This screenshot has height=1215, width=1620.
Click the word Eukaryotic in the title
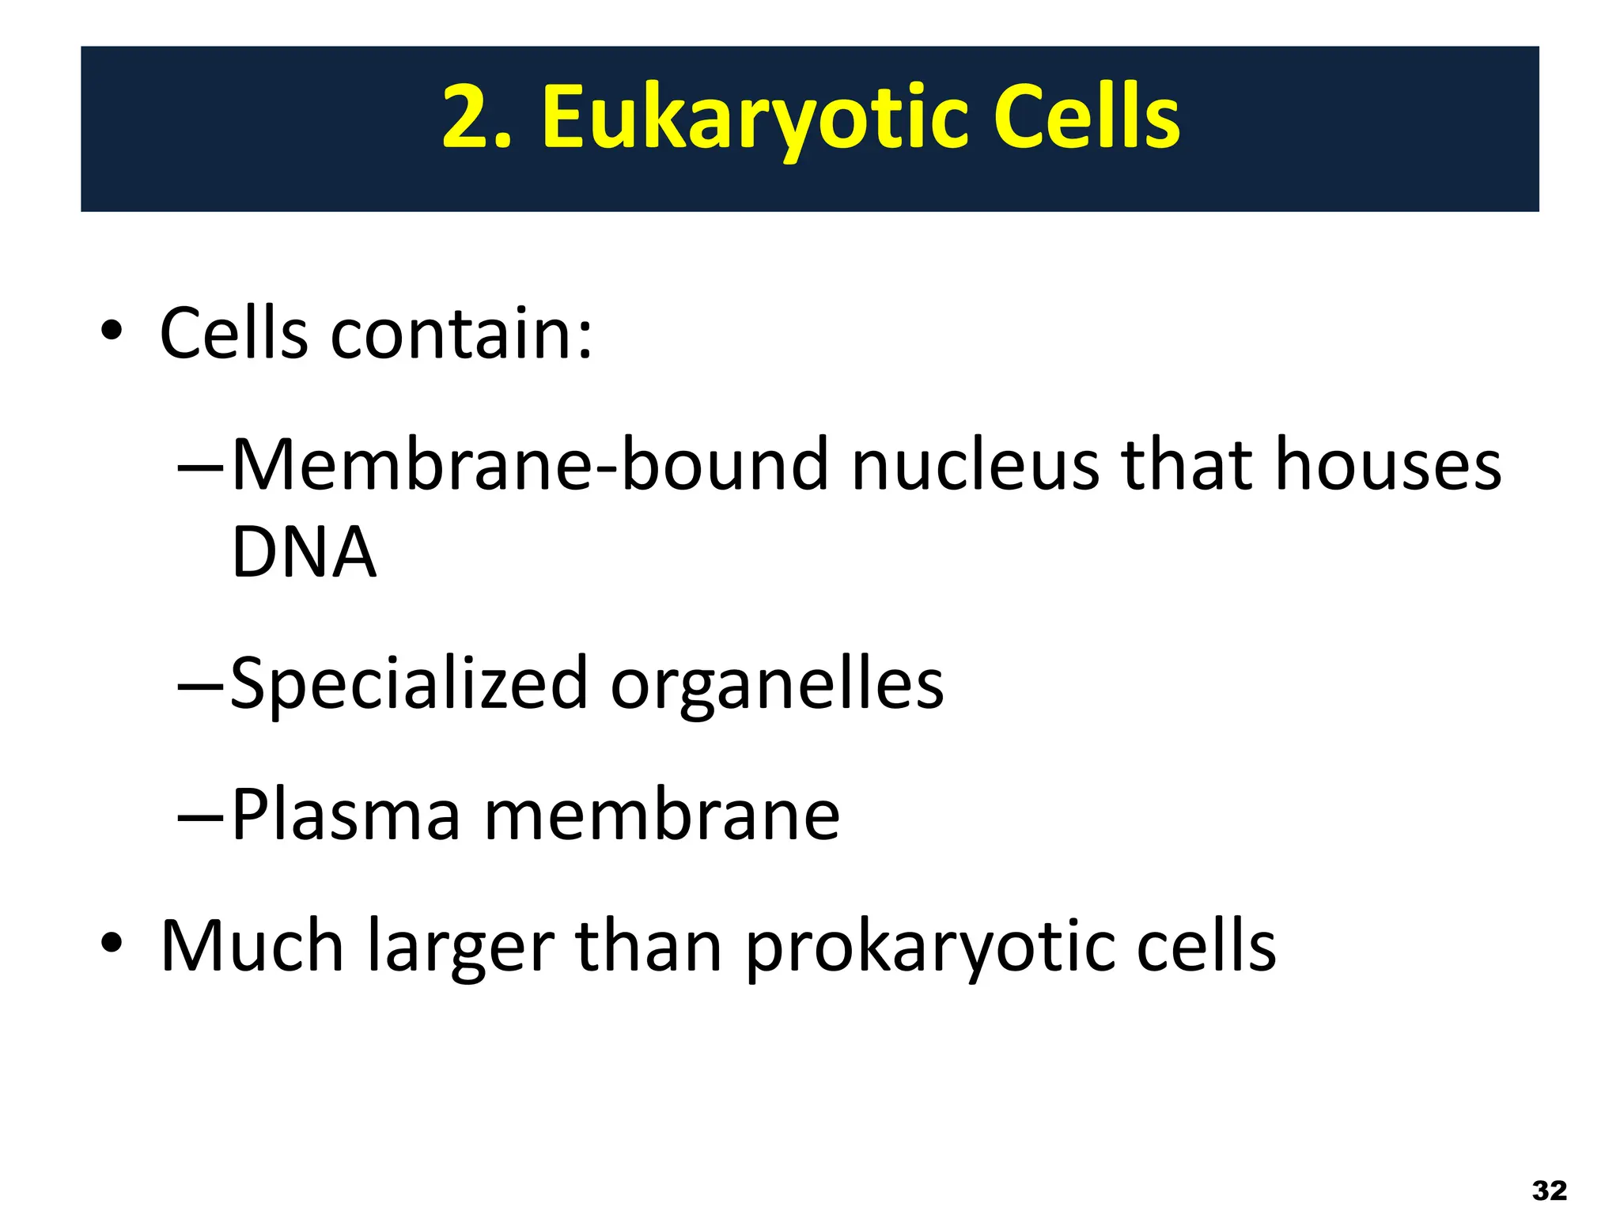[755, 119]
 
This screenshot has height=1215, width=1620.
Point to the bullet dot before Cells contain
[112, 331]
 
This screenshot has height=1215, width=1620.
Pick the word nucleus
[975, 465]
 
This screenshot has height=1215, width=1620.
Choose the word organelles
[778, 685]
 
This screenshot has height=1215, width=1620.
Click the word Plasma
[346, 815]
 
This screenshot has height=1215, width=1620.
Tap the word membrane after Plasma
[661, 815]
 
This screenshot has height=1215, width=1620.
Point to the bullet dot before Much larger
[112, 943]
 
